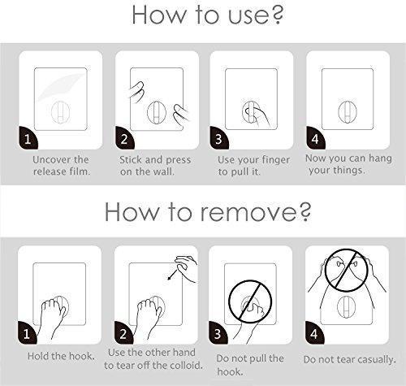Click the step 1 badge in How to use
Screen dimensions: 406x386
[x=28, y=138]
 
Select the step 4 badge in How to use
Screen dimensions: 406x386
[x=315, y=138]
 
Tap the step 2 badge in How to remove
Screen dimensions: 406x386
[x=123, y=333]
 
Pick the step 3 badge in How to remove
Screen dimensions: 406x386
[x=218, y=333]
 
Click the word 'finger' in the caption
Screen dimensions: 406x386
[x=274, y=160]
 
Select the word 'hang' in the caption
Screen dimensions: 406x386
[x=379, y=158]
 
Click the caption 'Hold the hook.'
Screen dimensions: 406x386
[x=61, y=356]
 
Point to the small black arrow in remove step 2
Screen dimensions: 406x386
[x=172, y=274]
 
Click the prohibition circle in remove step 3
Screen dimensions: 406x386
[x=250, y=301]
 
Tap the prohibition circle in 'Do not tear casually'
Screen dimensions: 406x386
[x=346, y=270]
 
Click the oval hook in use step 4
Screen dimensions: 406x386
[x=348, y=111]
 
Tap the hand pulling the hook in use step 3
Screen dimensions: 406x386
[x=257, y=116]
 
